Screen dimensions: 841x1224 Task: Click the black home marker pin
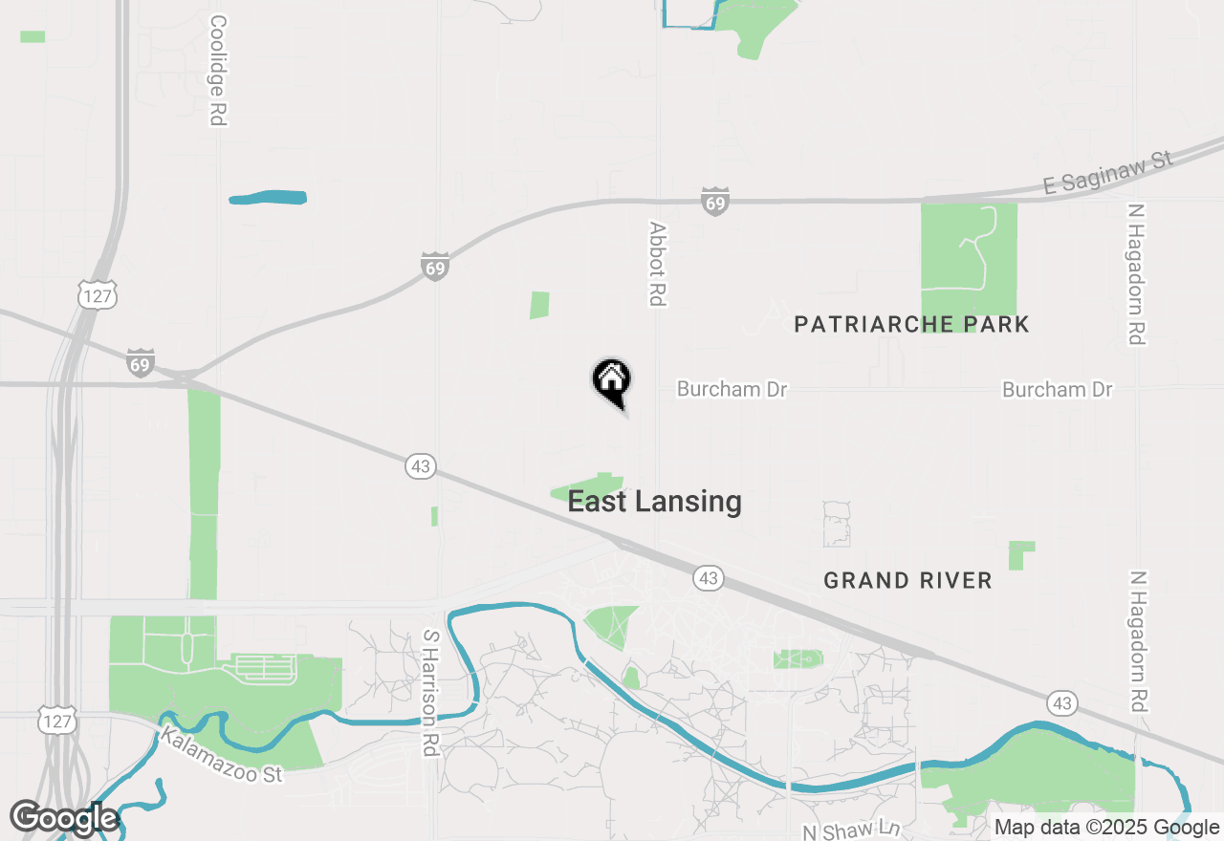pyautogui.click(x=612, y=380)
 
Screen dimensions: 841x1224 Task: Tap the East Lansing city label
pyautogui.click(x=654, y=502)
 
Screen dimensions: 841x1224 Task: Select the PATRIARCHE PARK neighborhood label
pyautogui.click(x=911, y=324)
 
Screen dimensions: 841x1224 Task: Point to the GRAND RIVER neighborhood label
pyautogui.click(x=907, y=580)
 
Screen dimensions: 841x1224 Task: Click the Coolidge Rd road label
pyautogui.click(x=218, y=71)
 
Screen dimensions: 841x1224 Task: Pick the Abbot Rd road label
pyautogui.click(x=657, y=264)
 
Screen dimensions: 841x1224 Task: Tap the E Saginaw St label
pyautogui.click(x=1107, y=172)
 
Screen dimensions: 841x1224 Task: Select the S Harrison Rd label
pyautogui.click(x=430, y=692)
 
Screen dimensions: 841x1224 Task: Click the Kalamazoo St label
pyautogui.click(x=222, y=755)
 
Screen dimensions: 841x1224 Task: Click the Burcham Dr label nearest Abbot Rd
pyautogui.click(x=732, y=390)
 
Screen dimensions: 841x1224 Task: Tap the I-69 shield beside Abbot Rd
pyautogui.click(x=714, y=203)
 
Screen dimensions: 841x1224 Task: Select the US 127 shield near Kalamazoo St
pyautogui.click(x=56, y=722)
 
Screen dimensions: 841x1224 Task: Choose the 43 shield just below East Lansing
pyautogui.click(x=708, y=578)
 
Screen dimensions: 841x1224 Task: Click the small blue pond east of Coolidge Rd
pyautogui.click(x=269, y=198)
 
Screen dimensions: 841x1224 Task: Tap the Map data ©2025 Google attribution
pyautogui.click(x=1107, y=828)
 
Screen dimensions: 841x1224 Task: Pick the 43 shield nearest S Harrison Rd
pyautogui.click(x=420, y=466)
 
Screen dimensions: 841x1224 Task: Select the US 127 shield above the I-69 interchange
pyautogui.click(x=98, y=296)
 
